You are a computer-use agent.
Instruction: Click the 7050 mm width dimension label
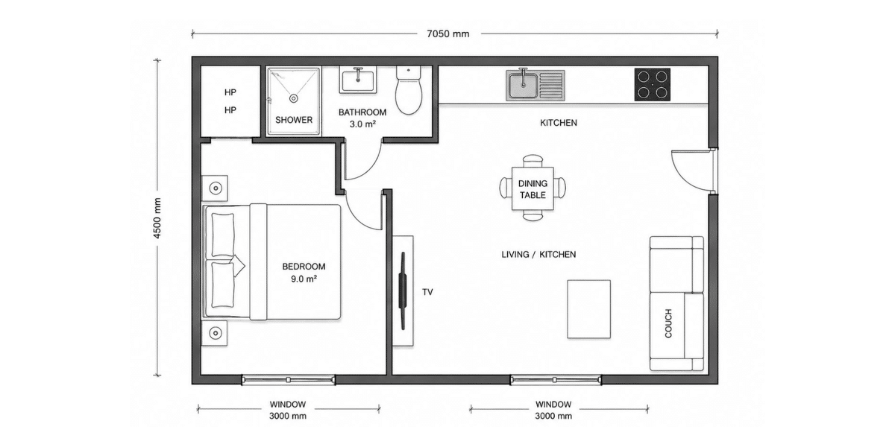click(x=448, y=34)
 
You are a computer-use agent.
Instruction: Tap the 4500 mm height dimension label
click(x=157, y=218)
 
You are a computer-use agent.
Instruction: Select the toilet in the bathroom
click(x=409, y=90)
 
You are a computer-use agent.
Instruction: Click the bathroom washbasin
click(x=357, y=80)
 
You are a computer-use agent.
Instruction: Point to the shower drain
click(x=294, y=98)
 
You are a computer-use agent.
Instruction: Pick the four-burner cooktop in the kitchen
click(x=652, y=85)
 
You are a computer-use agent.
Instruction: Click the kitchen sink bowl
click(x=523, y=85)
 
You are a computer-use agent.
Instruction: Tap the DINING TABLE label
click(x=533, y=189)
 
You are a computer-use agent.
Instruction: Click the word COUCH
click(x=668, y=323)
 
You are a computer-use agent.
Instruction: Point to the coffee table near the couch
click(x=589, y=309)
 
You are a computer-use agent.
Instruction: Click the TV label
click(x=427, y=292)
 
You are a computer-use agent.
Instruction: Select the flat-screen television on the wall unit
click(x=403, y=291)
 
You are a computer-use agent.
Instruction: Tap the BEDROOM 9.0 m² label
click(x=304, y=273)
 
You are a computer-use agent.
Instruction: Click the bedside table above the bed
click(x=215, y=188)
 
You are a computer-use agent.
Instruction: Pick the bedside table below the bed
click(x=215, y=333)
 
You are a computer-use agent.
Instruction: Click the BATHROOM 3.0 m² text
click(x=362, y=118)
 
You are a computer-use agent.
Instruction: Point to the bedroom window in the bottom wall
click(x=289, y=379)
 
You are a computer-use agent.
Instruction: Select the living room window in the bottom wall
click(x=556, y=379)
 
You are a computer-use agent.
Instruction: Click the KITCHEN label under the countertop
click(x=559, y=123)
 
